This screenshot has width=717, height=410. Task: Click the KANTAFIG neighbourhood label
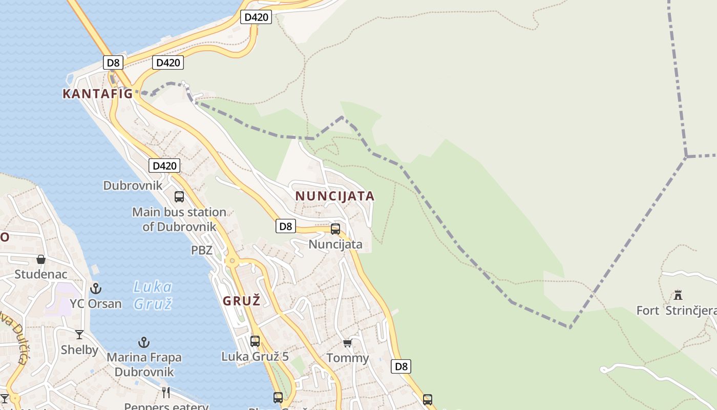click(97, 94)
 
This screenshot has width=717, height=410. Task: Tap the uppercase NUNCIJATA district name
click(335, 196)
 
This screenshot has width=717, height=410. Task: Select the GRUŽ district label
click(241, 301)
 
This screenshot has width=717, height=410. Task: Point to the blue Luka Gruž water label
click(153, 295)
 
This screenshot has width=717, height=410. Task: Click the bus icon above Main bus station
click(179, 196)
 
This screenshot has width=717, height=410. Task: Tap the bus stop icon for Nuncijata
click(335, 229)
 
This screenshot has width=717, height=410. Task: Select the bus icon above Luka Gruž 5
click(255, 341)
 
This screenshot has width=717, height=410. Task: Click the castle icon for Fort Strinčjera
click(678, 295)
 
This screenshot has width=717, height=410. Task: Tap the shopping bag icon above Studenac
click(41, 259)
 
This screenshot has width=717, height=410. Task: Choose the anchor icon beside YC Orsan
click(96, 289)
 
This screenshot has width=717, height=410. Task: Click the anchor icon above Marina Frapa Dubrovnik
click(144, 342)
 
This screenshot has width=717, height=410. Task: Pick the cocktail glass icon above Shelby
click(79, 335)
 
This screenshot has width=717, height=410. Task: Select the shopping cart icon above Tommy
click(348, 343)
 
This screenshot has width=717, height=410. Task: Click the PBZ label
click(201, 250)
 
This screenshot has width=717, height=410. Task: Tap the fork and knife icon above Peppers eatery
click(165, 393)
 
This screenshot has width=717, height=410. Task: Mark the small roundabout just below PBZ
click(233, 261)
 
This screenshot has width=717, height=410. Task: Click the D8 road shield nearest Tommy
click(401, 366)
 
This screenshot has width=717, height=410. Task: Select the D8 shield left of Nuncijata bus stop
click(286, 226)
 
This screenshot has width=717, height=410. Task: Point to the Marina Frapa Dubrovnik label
click(144, 364)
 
